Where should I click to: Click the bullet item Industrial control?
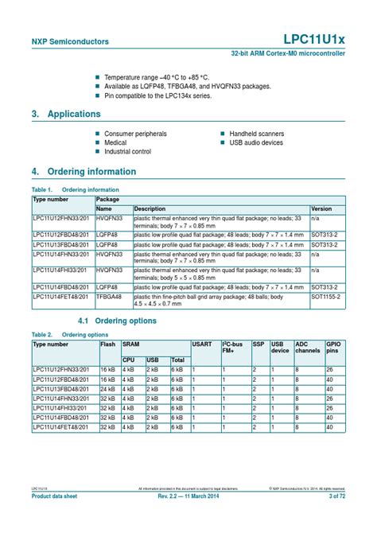click(127, 151)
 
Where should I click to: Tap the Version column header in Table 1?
click(321, 208)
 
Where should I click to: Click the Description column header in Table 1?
click(150, 208)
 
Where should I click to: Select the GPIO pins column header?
click(334, 348)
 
